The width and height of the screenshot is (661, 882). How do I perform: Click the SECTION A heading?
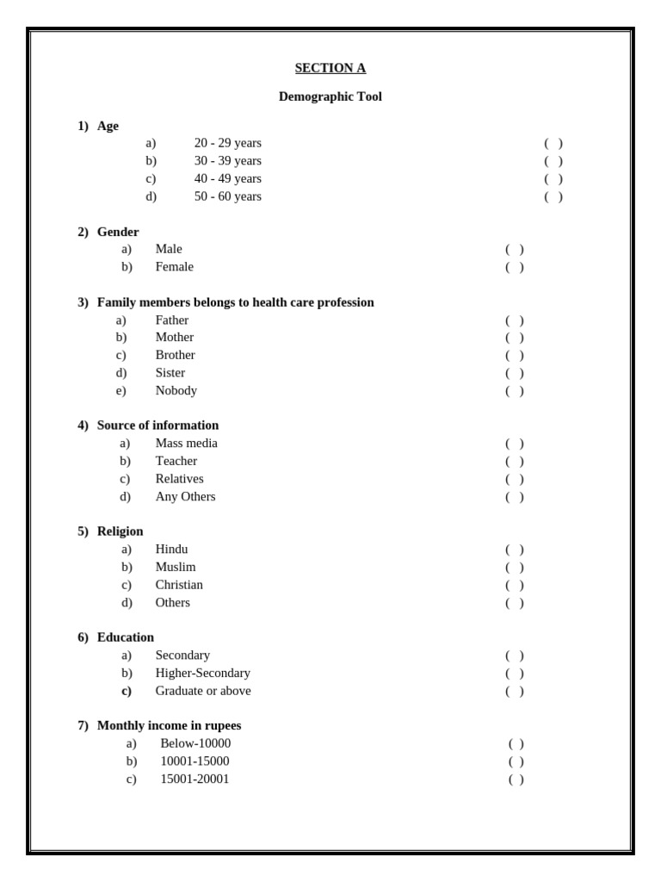pos(330,68)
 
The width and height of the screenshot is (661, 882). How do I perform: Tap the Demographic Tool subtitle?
pos(330,96)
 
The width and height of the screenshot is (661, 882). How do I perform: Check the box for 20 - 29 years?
pos(553,144)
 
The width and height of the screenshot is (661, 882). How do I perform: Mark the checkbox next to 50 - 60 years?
pos(553,197)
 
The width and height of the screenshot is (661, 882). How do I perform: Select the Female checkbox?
pos(515,267)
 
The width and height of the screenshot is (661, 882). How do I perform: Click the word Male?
pos(169,249)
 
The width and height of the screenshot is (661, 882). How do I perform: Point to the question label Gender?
pos(118,232)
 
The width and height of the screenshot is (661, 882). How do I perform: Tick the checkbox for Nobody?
pos(515,391)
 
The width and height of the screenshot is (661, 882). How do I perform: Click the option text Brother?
pos(175,355)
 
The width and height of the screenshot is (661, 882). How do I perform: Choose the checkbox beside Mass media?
pos(515,444)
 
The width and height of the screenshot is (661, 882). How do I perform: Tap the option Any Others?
pos(185,496)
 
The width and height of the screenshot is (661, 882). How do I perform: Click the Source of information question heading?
pos(158,425)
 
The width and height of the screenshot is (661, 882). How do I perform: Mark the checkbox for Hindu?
pos(515,550)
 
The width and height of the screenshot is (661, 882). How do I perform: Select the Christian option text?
pos(179,585)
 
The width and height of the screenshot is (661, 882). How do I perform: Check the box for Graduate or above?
pos(515,691)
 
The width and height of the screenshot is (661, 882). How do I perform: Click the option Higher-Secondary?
pos(202,673)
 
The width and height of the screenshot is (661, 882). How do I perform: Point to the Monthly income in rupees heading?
pos(169,725)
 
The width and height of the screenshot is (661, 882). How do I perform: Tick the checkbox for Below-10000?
pos(516,743)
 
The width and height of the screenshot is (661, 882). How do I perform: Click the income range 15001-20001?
pos(195,779)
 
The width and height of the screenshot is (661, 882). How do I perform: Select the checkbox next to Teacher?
pos(515,462)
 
